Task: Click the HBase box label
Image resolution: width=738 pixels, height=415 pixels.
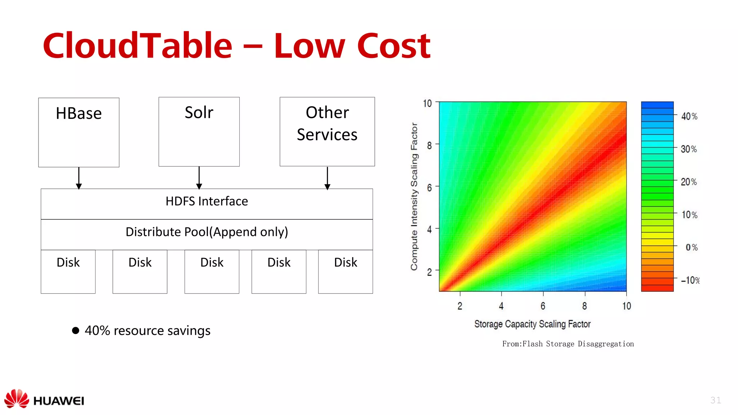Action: tap(79, 113)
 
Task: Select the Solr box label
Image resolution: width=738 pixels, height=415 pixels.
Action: tap(199, 112)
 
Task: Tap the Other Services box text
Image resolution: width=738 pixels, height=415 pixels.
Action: tap(327, 124)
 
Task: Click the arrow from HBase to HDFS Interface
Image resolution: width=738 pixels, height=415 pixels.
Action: tap(79, 178)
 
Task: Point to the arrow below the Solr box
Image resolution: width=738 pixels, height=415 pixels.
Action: tap(199, 178)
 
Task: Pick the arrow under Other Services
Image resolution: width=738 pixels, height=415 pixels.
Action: tap(327, 178)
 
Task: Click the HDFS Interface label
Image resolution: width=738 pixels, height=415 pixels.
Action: tap(207, 201)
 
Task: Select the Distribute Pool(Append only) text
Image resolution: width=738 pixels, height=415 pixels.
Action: tap(207, 232)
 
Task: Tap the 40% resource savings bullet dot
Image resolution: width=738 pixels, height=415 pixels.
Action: tap(76, 330)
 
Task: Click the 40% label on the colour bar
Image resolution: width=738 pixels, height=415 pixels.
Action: tap(689, 116)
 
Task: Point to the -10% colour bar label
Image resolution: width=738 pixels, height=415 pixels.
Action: tap(690, 280)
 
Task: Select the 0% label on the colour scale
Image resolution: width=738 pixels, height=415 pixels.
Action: tap(692, 247)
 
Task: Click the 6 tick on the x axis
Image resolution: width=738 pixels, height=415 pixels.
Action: tap(543, 306)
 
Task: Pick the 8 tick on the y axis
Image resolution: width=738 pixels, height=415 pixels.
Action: tap(429, 146)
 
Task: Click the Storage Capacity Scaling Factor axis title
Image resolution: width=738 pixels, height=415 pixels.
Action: tap(532, 324)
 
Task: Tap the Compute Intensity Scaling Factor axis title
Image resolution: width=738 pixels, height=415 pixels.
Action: tap(414, 197)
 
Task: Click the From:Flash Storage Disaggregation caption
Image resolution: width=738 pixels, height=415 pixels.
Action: tap(568, 344)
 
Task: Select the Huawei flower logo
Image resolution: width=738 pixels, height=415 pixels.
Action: tap(17, 398)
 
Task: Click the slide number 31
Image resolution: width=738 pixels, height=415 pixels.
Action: tap(716, 400)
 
